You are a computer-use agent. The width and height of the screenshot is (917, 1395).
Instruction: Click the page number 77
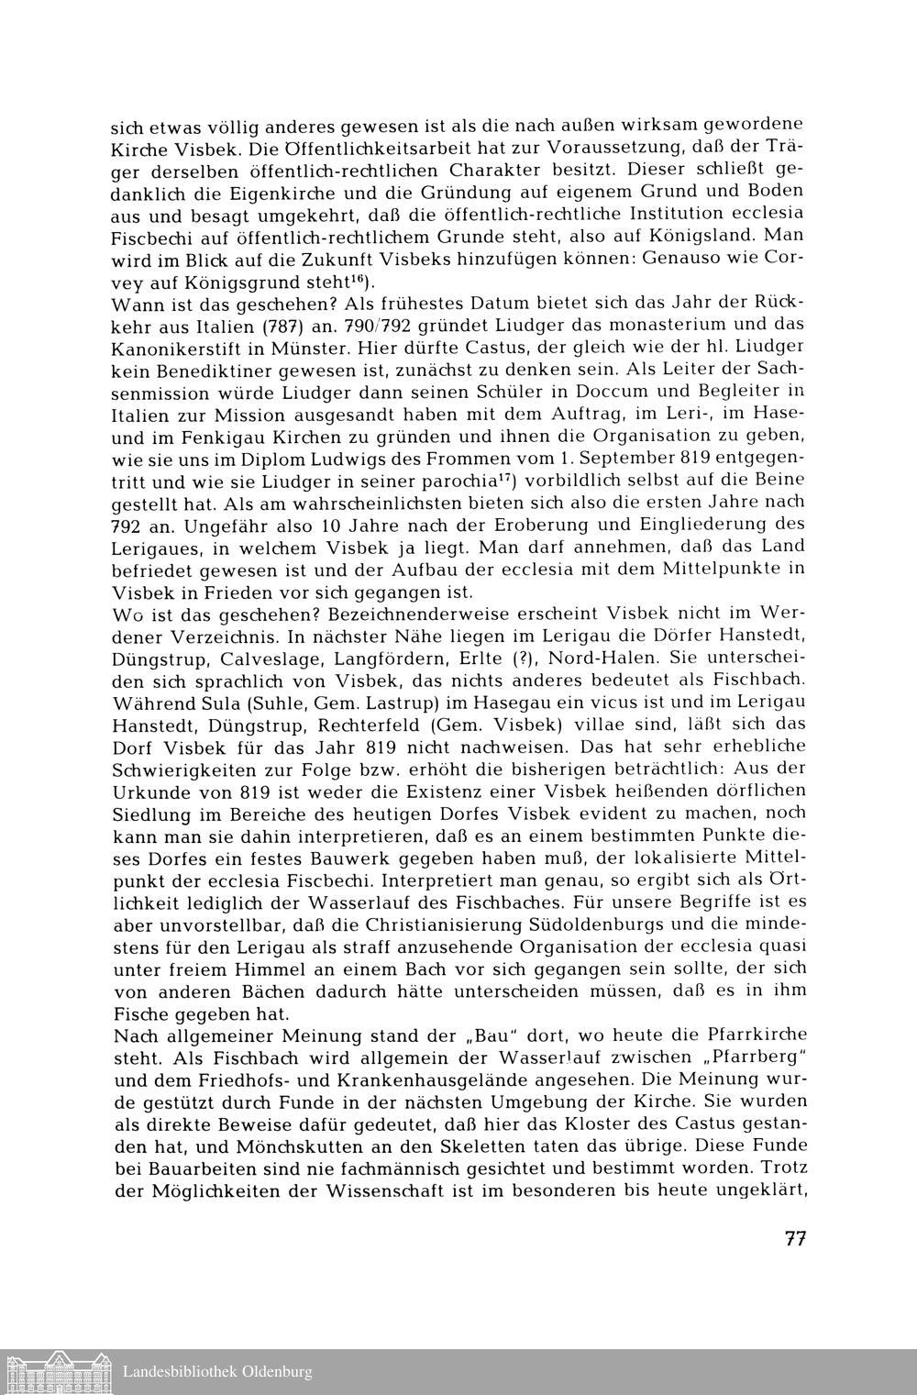794,1238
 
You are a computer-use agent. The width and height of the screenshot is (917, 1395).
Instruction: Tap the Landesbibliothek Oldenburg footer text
217,1372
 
